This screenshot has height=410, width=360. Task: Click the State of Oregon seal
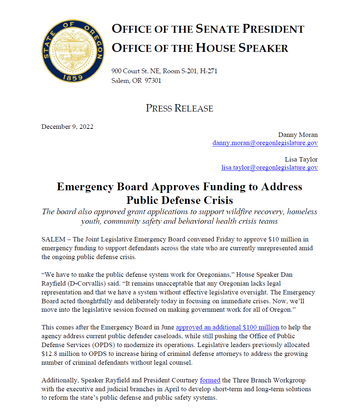[73, 51]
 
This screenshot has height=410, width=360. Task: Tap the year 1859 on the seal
[72, 78]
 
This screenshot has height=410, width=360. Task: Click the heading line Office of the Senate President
[208, 29]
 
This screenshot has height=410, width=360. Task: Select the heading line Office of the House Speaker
[200, 47]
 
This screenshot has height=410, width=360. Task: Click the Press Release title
[179, 108]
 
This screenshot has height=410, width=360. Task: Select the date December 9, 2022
[67, 127]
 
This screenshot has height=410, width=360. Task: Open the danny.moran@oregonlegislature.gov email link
[265, 143]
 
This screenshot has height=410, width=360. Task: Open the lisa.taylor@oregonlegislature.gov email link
[269, 167]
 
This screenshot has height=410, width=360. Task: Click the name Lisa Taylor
[301, 159]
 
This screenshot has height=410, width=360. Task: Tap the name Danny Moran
[298, 135]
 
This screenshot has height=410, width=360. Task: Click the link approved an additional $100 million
[227, 327]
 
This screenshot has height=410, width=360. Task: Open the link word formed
[210, 380]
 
